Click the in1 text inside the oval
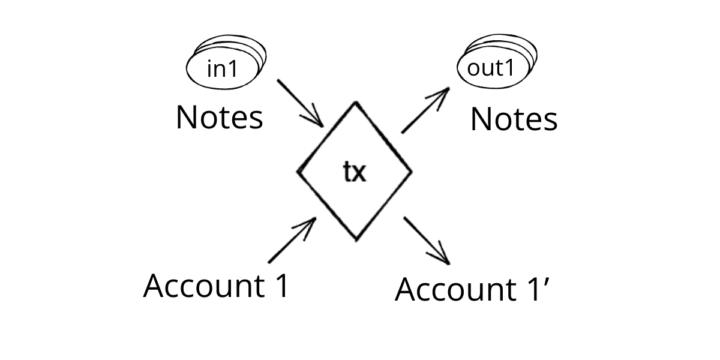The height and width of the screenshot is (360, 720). point(222,70)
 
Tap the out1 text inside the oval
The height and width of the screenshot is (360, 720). point(491,68)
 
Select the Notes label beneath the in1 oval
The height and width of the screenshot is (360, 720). point(219,118)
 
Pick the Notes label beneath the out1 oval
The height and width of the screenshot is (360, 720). point(514,119)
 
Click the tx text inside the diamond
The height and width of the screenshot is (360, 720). point(354,173)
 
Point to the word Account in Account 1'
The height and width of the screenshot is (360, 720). point(452,290)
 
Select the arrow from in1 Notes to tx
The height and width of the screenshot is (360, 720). point(300,103)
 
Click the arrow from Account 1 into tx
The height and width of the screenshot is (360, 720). point(292,240)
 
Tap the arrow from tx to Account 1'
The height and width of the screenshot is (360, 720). point(427,240)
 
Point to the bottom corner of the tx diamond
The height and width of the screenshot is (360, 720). point(356,241)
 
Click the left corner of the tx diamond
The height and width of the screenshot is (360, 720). point(298,172)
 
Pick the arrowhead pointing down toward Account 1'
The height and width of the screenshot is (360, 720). point(443,257)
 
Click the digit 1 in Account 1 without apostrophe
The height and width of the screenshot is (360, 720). point(282,286)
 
